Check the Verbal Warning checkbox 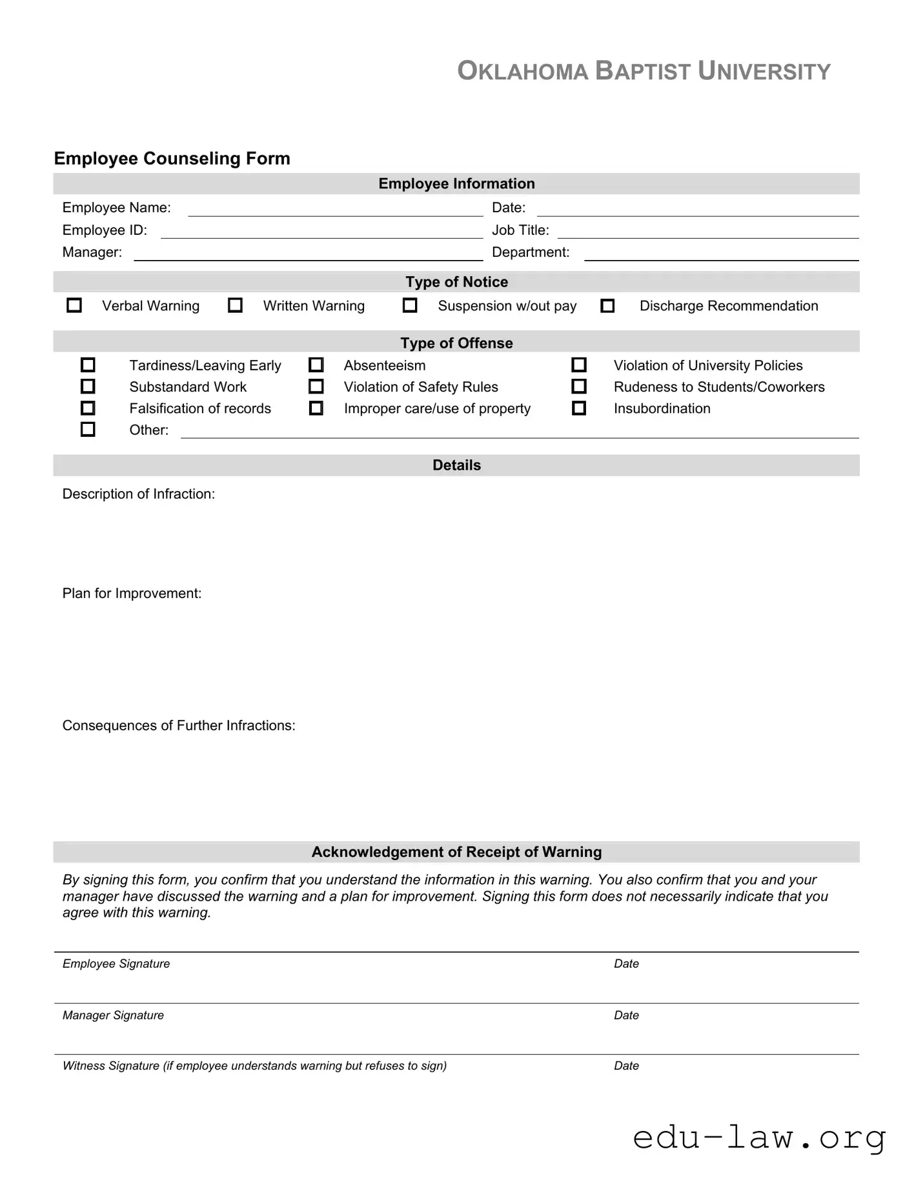(74, 305)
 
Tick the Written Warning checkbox (236, 305)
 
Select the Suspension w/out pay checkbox (410, 305)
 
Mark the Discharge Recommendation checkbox (607, 306)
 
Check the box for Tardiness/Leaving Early (88, 365)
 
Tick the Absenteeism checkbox (316, 365)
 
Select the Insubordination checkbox (579, 408)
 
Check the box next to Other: (88, 430)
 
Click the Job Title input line (707, 231)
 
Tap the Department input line (721, 253)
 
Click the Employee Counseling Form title (172, 159)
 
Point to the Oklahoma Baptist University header (644, 71)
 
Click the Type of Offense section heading (456, 343)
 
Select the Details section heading (456, 465)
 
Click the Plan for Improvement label (132, 593)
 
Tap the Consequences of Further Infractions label (179, 725)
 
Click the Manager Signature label (113, 1015)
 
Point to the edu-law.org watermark (759, 1137)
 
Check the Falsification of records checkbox (88, 408)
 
